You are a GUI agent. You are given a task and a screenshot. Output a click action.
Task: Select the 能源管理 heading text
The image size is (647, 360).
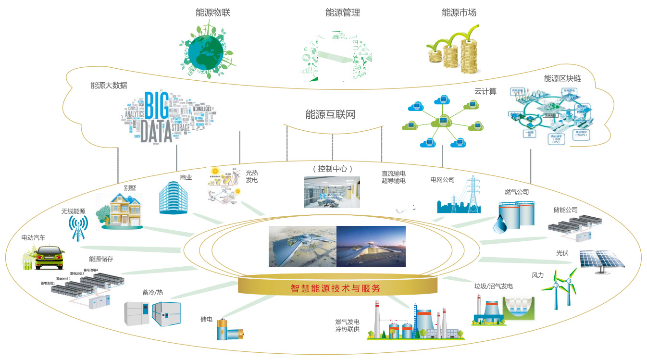click(x=342, y=13)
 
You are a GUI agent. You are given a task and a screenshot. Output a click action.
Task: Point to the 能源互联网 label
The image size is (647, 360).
click(x=330, y=115)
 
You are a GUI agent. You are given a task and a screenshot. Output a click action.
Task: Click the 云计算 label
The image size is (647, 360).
click(x=485, y=91)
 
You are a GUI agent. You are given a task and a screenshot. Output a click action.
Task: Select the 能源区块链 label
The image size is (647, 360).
click(x=562, y=79)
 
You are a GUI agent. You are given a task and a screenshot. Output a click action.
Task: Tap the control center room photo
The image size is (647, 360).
click(x=332, y=192)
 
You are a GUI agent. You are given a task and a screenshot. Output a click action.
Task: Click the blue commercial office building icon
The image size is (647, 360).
click(x=174, y=198)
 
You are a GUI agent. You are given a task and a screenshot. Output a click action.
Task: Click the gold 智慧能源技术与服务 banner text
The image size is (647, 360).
click(x=336, y=288)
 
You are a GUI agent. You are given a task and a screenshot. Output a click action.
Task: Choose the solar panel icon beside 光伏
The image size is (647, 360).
click(x=601, y=261)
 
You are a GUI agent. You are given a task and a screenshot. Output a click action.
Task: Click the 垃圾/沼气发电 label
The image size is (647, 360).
click(x=493, y=286)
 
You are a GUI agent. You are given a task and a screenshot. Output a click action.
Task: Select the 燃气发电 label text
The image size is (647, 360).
click(x=347, y=322)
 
